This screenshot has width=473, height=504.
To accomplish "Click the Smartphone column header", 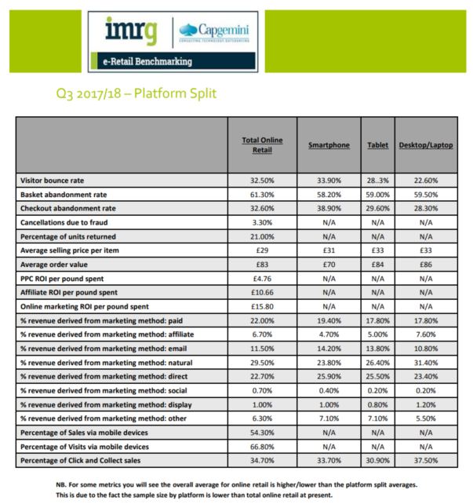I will pyautogui.click(x=327, y=145).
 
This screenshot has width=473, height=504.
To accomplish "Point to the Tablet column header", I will pyautogui.click(x=377, y=145).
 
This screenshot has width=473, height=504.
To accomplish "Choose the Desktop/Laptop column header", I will pyautogui.click(x=426, y=145).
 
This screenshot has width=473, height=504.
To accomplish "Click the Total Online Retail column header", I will pyautogui.click(x=262, y=145).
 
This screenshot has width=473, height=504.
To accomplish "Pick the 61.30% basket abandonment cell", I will pyautogui.click(x=262, y=195).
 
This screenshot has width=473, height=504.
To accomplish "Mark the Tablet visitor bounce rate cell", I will pyautogui.click(x=377, y=180).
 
